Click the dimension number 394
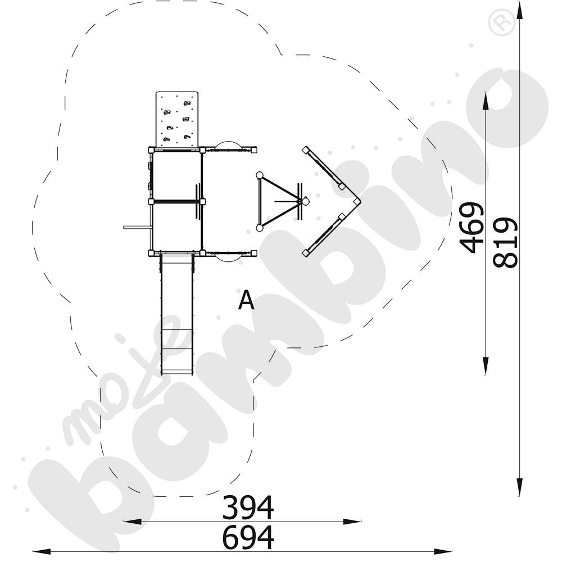(248, 507)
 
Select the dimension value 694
(248, 537)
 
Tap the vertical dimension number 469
(471, 227)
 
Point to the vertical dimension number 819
(504, 242)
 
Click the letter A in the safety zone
(246, 301)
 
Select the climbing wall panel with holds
(176, 120)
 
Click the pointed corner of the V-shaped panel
(359, 201)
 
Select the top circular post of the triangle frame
(259, 175)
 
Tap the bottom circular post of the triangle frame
(259, 228)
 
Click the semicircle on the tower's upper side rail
(229, 145)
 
